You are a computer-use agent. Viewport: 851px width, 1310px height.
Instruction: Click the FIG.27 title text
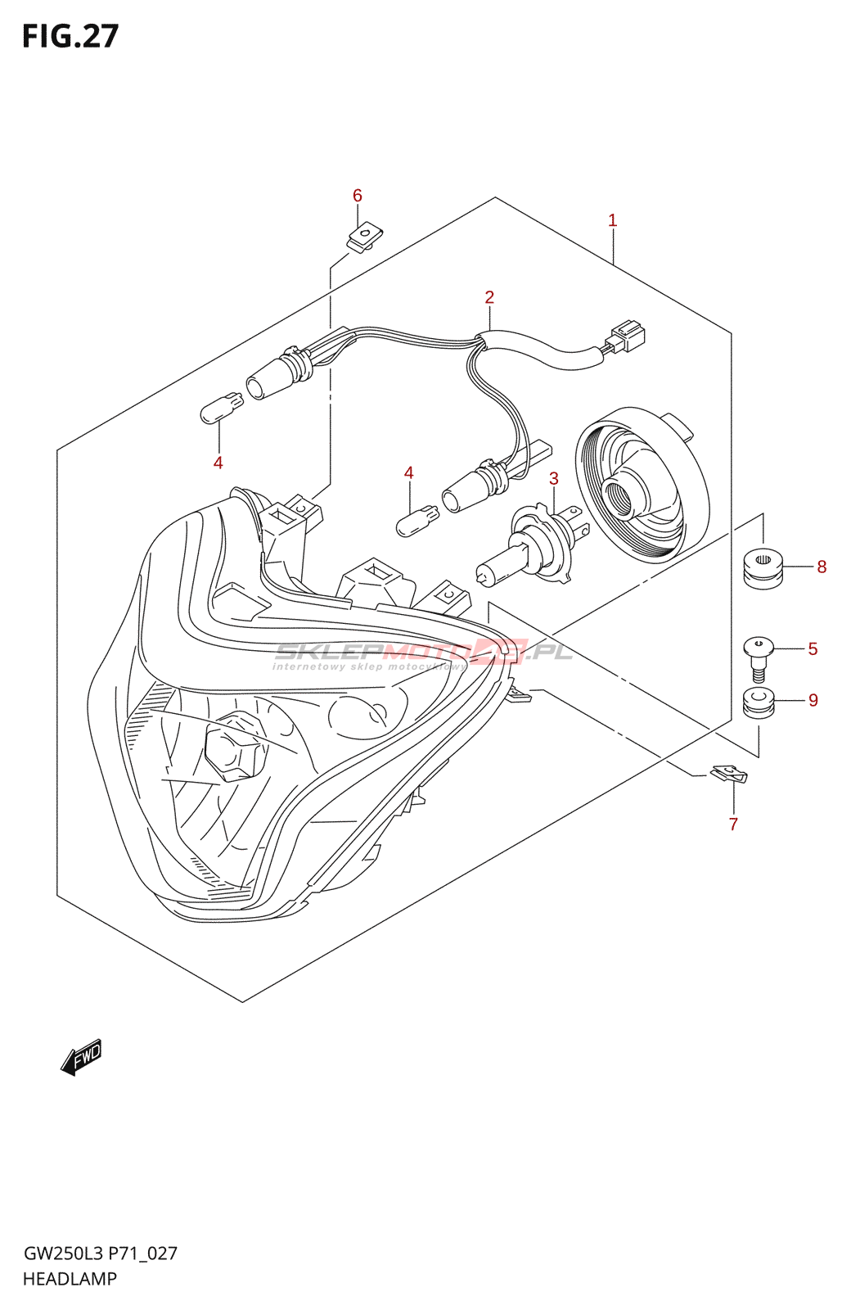(70, 37)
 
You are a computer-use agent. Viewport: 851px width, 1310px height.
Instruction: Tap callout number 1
(612, 220)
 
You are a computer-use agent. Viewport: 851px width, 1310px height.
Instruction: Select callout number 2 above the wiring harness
(489, 297)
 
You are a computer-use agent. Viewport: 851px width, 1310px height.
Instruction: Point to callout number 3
(554, 478)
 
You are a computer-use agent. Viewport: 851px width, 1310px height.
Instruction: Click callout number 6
(358, 196)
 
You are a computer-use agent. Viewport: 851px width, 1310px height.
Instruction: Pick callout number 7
(733, 824)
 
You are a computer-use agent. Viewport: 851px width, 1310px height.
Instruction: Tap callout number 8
(822, 567)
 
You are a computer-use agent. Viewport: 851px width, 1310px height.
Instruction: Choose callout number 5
(813, 648)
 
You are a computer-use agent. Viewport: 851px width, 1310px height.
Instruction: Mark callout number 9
(813, 700)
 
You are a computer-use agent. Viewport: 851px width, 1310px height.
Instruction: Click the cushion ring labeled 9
(759, 703)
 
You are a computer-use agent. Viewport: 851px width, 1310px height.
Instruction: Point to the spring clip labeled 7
(728, 774)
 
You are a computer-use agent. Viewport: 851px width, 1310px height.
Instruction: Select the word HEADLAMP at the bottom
(70, 1279)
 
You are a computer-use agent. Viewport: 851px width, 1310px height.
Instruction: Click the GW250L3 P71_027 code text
(100, 1254)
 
